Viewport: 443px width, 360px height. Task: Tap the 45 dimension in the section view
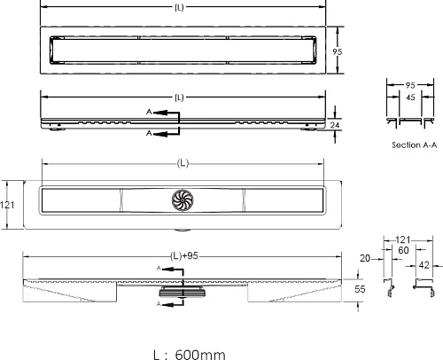point(409,99)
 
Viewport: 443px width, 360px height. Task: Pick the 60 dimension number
point(404,251)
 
